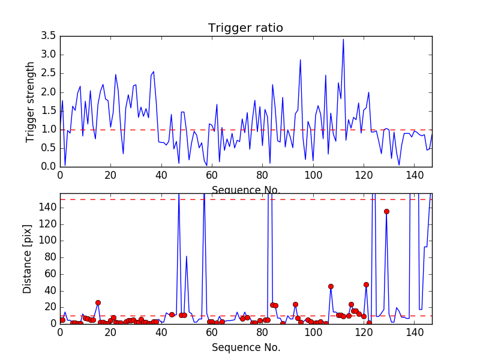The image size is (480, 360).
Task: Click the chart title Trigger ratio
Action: point(245,28)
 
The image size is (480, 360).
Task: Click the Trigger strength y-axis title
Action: point(31,101)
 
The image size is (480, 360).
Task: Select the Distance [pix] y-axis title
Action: point(28,259)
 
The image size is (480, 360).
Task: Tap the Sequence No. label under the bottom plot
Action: point(245,347)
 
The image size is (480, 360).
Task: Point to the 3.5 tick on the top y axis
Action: point(49,36)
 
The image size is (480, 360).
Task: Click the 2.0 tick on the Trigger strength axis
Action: point(49,92)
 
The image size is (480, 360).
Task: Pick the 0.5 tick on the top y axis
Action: point(49,148)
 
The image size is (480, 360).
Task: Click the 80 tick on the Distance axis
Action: point(49,257)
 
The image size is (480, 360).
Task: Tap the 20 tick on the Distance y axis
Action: point(49,307)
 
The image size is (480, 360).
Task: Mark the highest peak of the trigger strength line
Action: point(343,40)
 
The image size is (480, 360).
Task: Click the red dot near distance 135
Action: point(386,211)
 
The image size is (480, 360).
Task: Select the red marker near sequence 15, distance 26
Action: point(98,302)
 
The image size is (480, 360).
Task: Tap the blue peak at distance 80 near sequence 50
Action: point(187,257)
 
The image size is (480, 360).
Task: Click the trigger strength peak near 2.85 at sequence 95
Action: point(300,60)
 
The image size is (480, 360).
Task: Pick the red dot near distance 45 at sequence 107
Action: point(331,286)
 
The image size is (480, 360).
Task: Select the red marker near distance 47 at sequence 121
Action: point(366,284)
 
